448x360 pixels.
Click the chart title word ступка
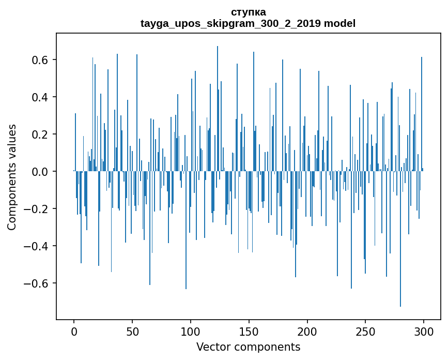[248, 12]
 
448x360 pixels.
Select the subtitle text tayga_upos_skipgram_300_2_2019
[231, 23]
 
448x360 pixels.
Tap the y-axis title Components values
[12, 177]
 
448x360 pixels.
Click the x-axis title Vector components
[248, 347]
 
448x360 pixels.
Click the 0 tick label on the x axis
[74, 332]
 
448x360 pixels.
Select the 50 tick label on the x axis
[132, 332]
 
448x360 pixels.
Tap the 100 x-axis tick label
[191, 332]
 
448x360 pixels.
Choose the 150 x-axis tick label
[249, 332]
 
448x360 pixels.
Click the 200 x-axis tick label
[307, 332]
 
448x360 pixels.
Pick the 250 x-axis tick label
[365, 332]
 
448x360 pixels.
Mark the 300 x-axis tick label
[424, 332]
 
